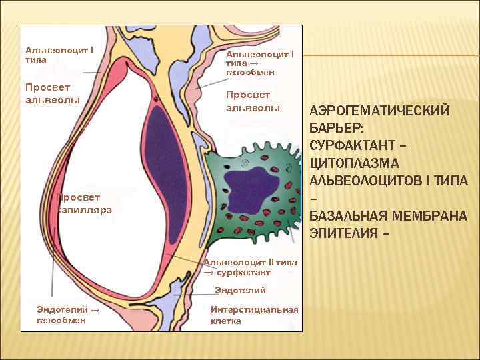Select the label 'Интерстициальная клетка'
click(253, 315)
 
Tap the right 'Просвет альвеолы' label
click(253, 101)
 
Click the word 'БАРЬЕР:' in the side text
click(337, 127)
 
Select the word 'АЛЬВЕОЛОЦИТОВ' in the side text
click(374, 180)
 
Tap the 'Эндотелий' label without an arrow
click(240, 290)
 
